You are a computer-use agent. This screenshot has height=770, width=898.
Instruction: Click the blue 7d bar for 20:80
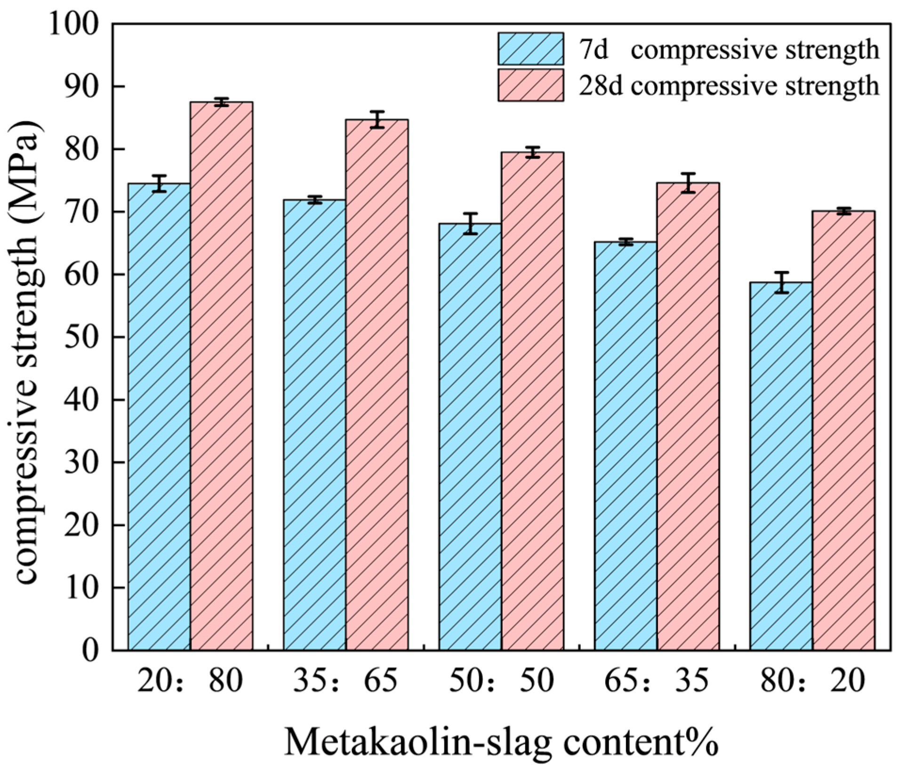pyautogui.click(x=159, y=417)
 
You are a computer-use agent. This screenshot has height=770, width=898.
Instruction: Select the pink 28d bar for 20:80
pyautogui.click(x=221, y=377)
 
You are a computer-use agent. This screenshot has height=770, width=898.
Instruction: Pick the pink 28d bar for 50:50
pyautogui.click(x=532, y=400)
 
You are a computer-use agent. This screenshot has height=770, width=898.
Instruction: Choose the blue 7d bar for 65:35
pyautogui.click(x=625, y=445)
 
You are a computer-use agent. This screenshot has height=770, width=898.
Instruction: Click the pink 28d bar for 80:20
pyautogui.click(x=843, y=431)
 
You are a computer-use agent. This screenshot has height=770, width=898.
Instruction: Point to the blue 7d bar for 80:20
pyautogui.click(x=781, y=466)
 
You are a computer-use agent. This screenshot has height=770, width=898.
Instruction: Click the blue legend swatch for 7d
pyautogui.click(x=531, y=49)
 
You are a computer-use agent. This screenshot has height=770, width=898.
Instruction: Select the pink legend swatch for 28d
pyautogui.click(x=531, y=85)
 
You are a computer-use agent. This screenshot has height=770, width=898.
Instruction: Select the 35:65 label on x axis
pyautogui.click(x=345, y=681)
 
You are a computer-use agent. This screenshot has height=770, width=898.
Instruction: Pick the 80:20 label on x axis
pyautogui.click(x=812, y=681)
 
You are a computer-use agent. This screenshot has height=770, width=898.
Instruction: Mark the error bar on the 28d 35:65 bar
pyautogui.click(x=377, y=120)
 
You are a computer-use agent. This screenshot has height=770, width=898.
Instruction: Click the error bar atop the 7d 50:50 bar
pyautogui.click(x=470, y=224)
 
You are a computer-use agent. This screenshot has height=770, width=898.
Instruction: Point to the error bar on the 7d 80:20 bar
pyautogui.click(x=781, y=283)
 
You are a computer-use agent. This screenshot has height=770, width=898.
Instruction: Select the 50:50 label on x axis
pyautogui.click(x=501, y=681)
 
